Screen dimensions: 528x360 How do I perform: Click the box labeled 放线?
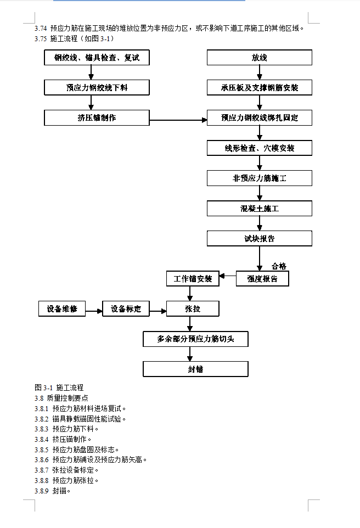[259, 58]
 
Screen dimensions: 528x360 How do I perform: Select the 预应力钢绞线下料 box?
[97, 87]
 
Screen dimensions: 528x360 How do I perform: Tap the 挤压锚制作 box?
[97, 117]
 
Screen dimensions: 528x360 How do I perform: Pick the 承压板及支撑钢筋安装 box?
[259, 87]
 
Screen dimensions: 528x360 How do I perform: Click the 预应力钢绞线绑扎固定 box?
[259, 117]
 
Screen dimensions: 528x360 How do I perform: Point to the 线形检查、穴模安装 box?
[259, 148]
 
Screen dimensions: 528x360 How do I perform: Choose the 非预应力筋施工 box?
[259, 178]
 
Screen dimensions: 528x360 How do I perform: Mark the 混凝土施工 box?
[259, 208]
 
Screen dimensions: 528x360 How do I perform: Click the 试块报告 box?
[259, 238]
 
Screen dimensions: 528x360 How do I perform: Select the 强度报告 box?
[262, 279]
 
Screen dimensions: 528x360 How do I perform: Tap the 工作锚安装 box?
[193, 279]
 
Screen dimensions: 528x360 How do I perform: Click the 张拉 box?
[193, 308]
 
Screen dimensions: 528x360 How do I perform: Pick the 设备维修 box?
[62, 308]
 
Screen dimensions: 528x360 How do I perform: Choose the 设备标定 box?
[126, 309]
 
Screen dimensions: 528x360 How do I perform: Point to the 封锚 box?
[195, 369]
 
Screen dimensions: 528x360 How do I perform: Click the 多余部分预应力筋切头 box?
[195, 339]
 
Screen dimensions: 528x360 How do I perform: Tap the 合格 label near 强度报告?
[279, 266]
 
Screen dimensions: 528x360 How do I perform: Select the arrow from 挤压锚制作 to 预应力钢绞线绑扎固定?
[178, 118]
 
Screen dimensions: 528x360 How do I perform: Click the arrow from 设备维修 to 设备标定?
[94, 311]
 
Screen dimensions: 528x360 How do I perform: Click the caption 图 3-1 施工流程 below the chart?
[59, 387]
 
